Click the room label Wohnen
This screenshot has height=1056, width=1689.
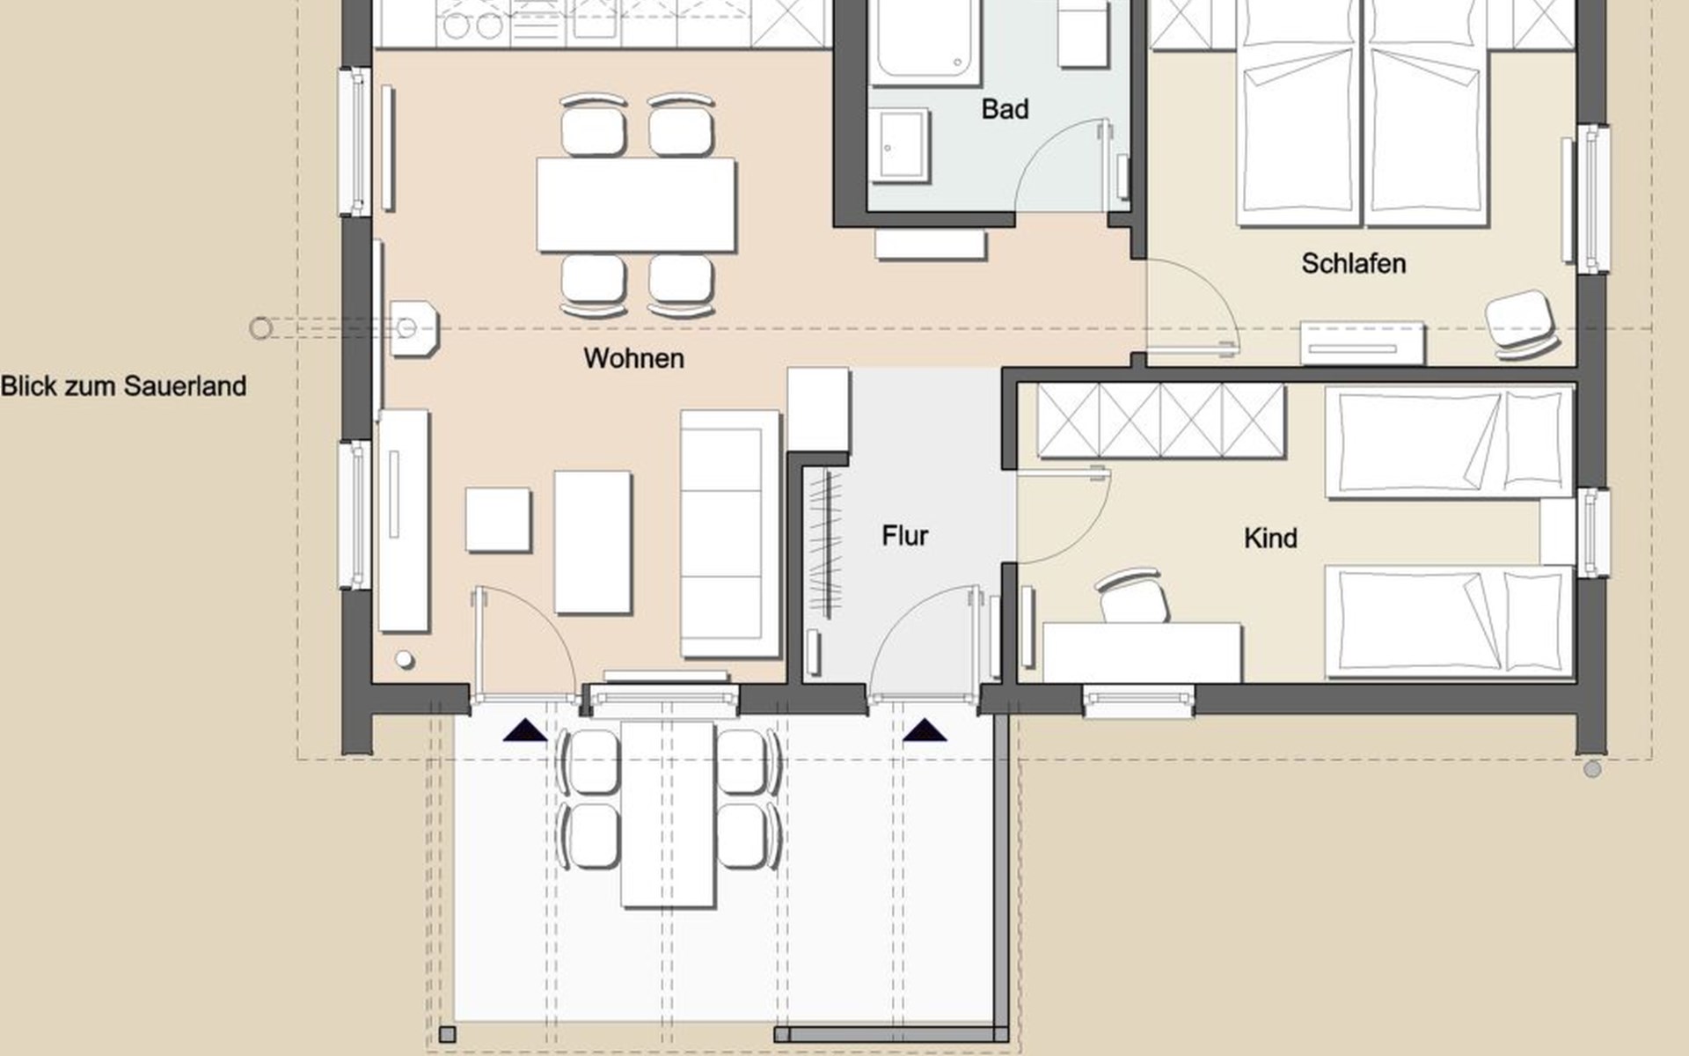tap(633, 358)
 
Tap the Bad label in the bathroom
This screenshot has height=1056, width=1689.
tap(1005, 109)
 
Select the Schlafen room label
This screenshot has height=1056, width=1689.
tap(1353, 263)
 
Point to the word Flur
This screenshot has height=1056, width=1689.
tap(904, 535)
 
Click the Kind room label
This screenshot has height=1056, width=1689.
tap(1270, 538)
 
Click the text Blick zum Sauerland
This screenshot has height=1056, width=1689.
tap(123, 385)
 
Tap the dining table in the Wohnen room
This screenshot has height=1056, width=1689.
tap(636, 204)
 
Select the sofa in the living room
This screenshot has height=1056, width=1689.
tap(730, 533)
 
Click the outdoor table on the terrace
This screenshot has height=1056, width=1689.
tap(669, 814)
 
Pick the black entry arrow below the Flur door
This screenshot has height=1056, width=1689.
tap(925, 730)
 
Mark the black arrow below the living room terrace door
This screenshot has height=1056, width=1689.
tap(525, 730)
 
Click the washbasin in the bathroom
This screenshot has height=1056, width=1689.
tap(899, 145)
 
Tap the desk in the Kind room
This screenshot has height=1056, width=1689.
tap(1142, 652)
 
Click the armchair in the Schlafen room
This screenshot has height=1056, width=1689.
tap(1520, 323)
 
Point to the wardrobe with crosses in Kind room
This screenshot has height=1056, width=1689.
tap(1160, 421)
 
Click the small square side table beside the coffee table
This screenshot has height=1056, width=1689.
tap(498, 519)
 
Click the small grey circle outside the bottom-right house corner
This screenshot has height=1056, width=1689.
tap(1592, 769)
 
